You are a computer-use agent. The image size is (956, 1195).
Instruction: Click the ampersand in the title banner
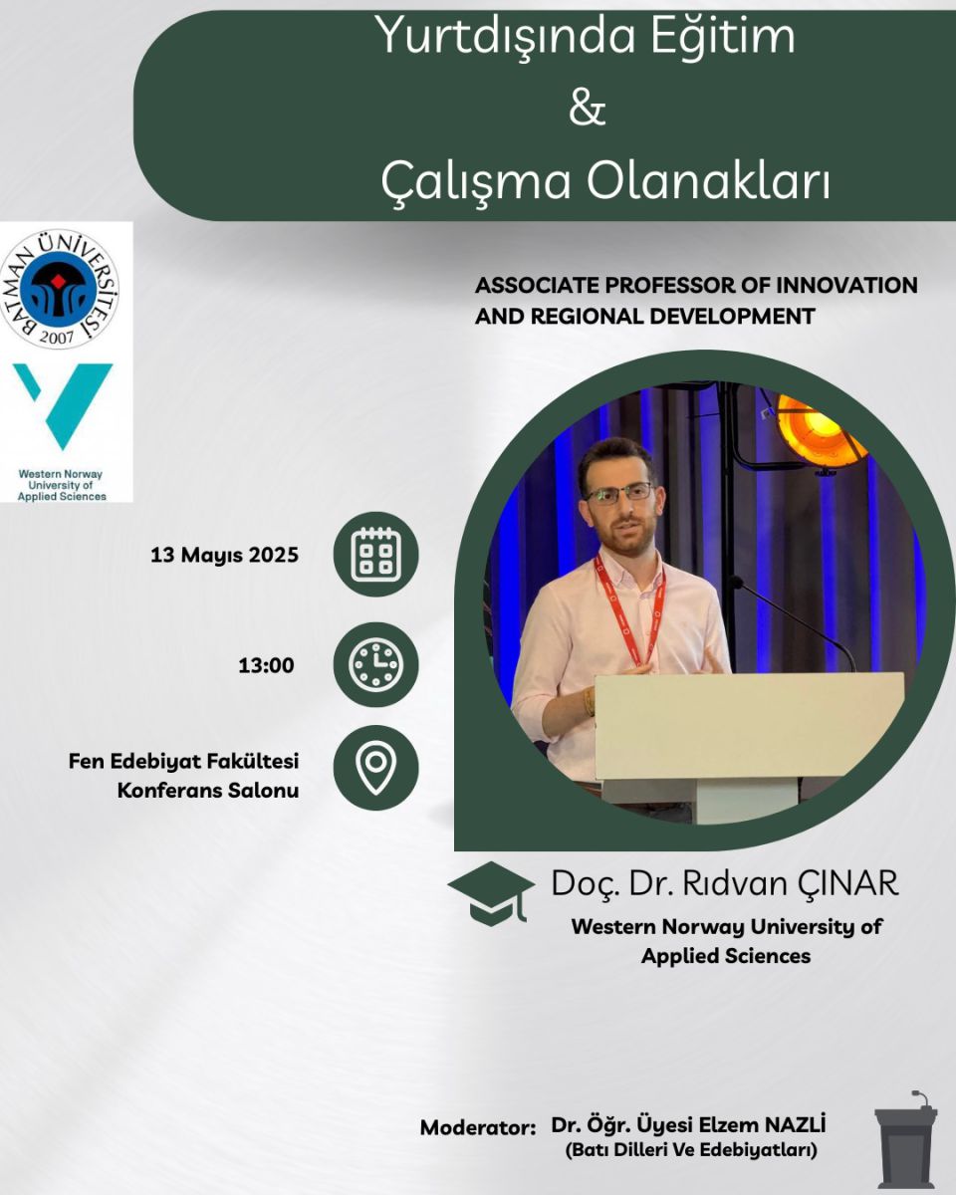(587, 108)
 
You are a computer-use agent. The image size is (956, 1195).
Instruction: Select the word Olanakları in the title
(708, 181)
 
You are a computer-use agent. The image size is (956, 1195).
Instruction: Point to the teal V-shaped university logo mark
(62, 405)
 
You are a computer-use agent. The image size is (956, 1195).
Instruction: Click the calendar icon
(376, 555)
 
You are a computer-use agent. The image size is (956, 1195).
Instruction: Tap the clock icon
(376, 664)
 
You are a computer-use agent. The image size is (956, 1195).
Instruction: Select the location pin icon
(376, 768)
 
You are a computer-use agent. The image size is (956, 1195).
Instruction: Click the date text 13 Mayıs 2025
(224, 555)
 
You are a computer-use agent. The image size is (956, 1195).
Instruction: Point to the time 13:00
(266, 665)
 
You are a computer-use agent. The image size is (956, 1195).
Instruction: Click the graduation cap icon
(491, 893)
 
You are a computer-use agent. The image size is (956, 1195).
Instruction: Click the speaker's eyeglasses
(619, 493)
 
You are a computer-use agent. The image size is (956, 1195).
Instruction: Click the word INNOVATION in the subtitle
(846, 286)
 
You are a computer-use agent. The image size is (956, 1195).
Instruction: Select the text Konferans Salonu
(208, 790)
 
